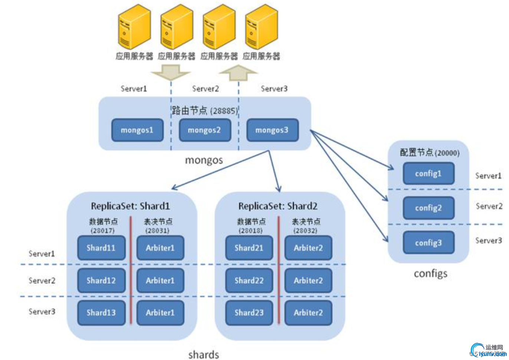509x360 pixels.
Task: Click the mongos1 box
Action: click(137, 130)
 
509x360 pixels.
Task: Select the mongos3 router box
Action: click(272, 130)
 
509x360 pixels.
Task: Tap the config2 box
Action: click(428, 208)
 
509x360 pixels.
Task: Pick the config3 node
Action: click(428, 243)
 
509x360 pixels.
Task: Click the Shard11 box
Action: click(101, 248)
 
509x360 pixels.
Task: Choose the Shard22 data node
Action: click(249, 281)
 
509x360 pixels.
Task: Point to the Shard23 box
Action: click(249, 313)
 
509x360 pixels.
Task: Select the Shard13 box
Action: click(101, 313)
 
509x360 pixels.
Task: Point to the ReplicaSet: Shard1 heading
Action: click(130, 206)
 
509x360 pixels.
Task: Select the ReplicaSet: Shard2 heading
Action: click(278, 206)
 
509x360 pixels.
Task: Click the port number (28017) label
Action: click(103, 230)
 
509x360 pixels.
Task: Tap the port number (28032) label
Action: click(305, 230)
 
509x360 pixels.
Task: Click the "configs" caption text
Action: click(430, 274)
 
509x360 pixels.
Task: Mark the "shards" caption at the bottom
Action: click(204, 354)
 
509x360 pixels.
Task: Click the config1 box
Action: click(428, 173)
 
